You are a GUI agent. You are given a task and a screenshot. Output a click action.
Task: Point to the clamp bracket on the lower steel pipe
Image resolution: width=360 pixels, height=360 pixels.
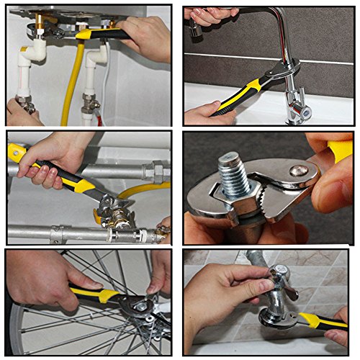[x=58, y=234]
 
